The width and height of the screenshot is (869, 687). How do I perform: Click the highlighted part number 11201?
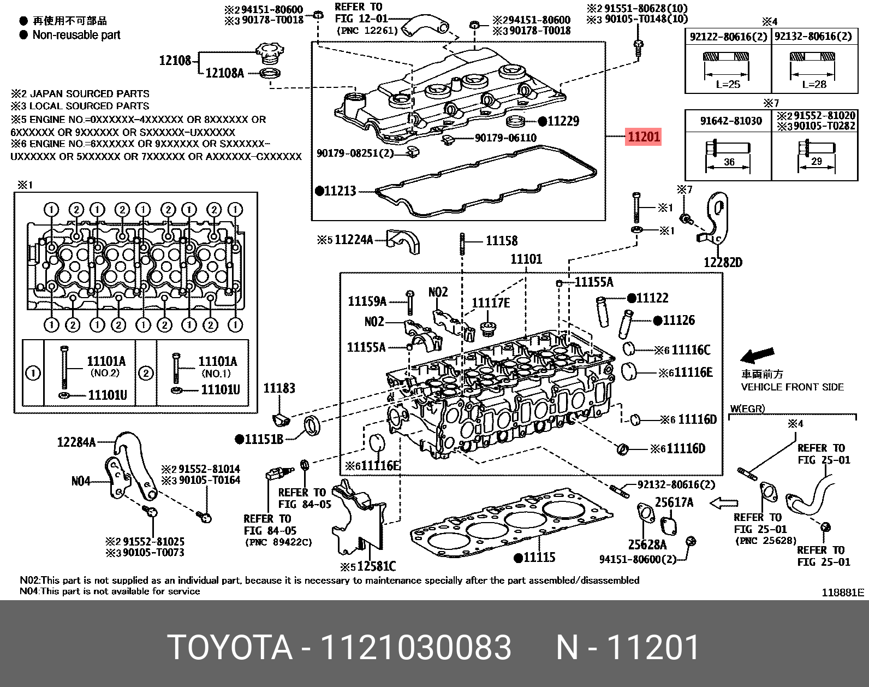(x=644, y=137)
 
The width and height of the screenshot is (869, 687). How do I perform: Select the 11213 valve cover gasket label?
(x=339, y=191)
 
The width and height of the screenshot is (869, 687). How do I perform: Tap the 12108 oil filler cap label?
(x=175, y=60)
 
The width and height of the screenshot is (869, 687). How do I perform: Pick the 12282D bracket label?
(x=723, y=263)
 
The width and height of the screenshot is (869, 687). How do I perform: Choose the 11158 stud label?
(x=502, y=240)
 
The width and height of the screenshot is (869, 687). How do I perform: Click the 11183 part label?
(x=279, y=388)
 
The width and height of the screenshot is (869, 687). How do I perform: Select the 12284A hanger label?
(x=76, y=442)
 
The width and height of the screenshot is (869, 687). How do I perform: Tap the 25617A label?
(x=674, y=502)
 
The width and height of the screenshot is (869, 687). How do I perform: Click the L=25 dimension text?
(x=728, y=85)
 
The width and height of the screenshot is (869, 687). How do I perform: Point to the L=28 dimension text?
(x=814, y=85)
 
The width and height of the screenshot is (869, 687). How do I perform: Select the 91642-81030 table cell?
(x=731, y=121)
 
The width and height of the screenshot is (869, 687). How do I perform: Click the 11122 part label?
(x=652, y=298)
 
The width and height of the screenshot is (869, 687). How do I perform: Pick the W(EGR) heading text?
(x=747, y=408)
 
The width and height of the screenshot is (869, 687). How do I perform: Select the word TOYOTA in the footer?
(x=230, y=648)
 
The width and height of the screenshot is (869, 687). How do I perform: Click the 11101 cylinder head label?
(x=526, y=259)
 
